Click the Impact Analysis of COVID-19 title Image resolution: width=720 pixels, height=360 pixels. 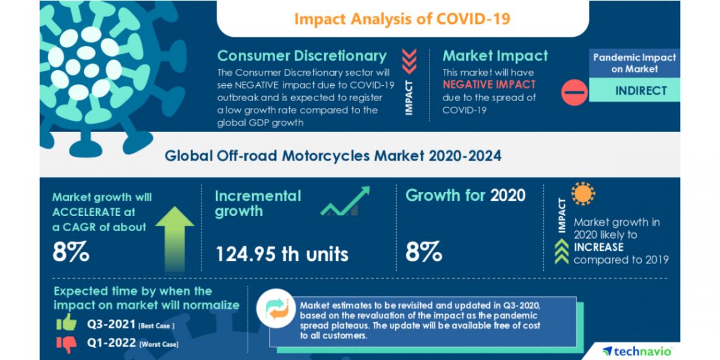point(402,18)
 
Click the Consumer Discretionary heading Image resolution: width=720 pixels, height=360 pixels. point(301,56)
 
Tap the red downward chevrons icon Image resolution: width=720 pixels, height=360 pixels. point(409,61)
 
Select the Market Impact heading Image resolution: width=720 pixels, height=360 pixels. point(495,56)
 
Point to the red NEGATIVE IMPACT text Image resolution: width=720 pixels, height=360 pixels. point(489,84)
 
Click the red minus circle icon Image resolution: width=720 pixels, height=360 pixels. point(574,93)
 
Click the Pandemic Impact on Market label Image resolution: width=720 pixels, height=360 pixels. point(634,63)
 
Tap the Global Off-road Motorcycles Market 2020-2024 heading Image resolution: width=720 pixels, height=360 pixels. point(333,155)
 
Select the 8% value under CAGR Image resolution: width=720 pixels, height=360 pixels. point(70,252)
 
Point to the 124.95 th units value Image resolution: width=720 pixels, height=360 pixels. point(282,254)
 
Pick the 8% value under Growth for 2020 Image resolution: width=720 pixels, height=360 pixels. point(424,252)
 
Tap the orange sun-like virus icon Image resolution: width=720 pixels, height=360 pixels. point(583,194)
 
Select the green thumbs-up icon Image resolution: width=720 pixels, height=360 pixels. point(66,323)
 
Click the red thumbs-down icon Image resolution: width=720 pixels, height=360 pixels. point(66,344)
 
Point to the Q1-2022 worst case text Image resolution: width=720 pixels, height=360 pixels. point(132,344)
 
